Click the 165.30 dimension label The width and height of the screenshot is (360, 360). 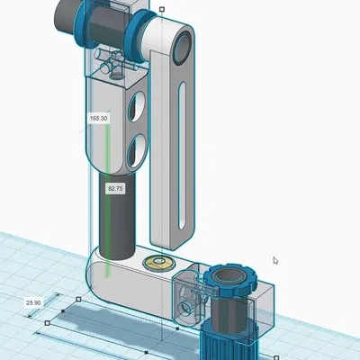tap(98, 118)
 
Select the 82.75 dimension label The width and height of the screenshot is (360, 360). tap(115, 189)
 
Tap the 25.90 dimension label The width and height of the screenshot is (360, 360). tap(34, 303)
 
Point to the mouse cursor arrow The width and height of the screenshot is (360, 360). tap(275, 261)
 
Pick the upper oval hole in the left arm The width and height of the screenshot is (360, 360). tap(134, 108)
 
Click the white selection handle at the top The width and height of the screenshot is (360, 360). tap(161, 10)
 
